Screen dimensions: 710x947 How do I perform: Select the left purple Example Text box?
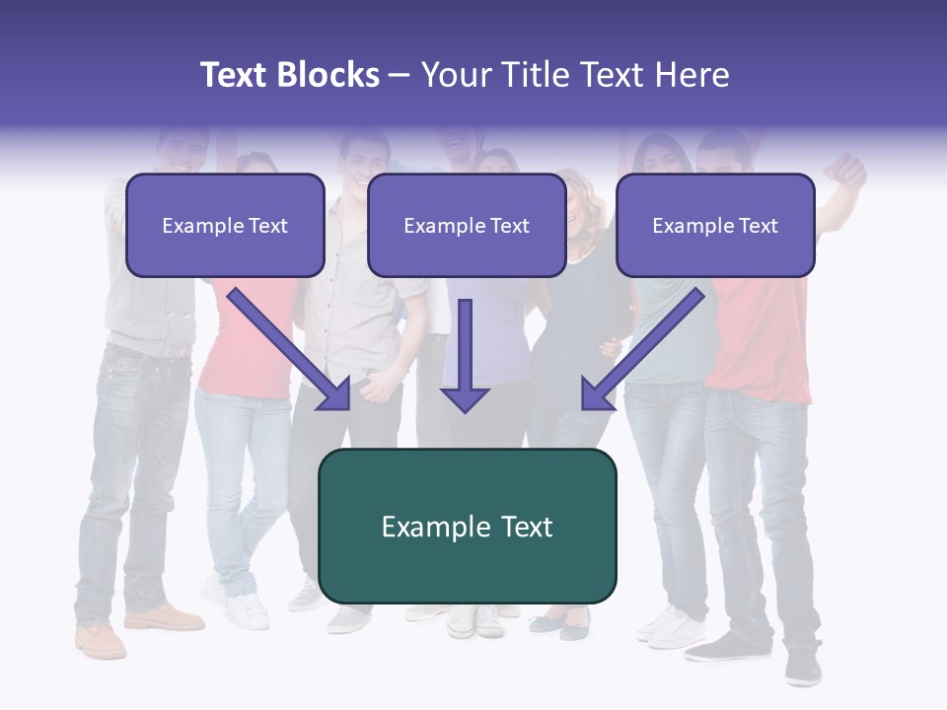coord(225,225)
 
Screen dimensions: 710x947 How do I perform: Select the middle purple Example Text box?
coord(467,225)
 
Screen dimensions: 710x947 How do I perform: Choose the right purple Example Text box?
coord(715,225)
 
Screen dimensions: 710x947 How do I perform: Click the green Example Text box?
coord(467,526)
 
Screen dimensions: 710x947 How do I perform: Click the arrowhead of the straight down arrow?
coord(465,398)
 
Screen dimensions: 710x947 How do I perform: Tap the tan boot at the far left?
coord(101,640)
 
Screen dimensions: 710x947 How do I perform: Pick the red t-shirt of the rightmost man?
coord(758,335)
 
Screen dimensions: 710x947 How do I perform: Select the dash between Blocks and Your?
coord(400,76)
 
